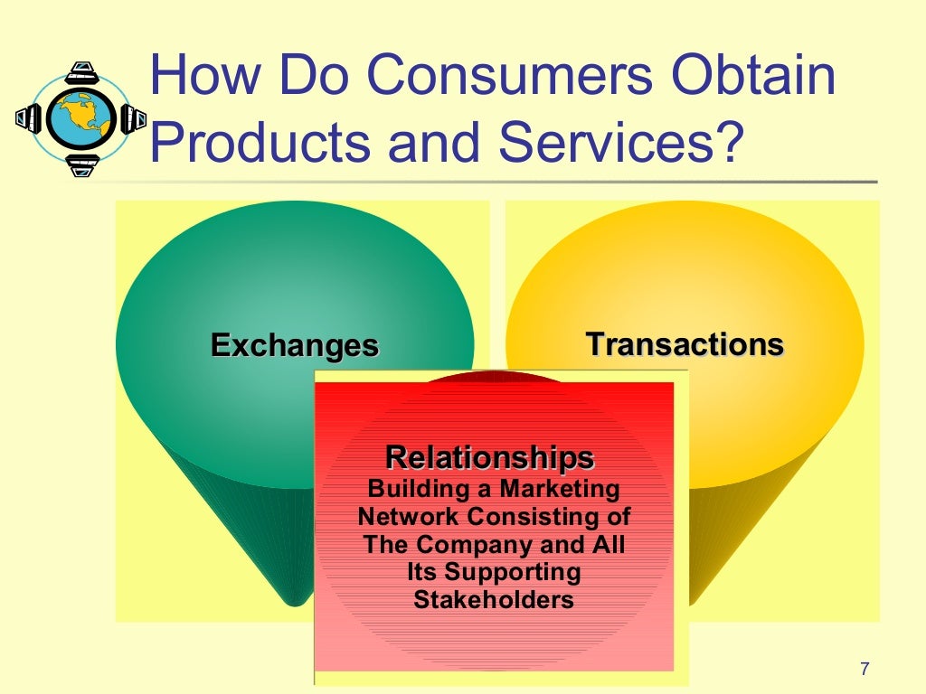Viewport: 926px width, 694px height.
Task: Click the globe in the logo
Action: coord(80,117)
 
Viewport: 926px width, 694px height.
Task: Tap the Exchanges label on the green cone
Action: coord(294,345)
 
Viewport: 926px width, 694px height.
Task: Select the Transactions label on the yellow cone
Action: coord(685,344)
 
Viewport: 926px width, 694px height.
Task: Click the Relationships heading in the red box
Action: coord(490,457)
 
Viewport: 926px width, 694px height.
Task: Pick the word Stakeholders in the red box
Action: coord(494,600)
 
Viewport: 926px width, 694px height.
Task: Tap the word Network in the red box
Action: coord(409,518)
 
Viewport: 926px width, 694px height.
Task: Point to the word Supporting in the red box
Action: coord(512,572)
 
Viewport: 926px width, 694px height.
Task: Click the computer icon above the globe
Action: coord(81,71)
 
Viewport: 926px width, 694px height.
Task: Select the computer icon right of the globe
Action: coord(132,117)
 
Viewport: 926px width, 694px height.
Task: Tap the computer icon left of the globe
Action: coord(30,117)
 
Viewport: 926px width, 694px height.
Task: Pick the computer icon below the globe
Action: coord(82,164)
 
